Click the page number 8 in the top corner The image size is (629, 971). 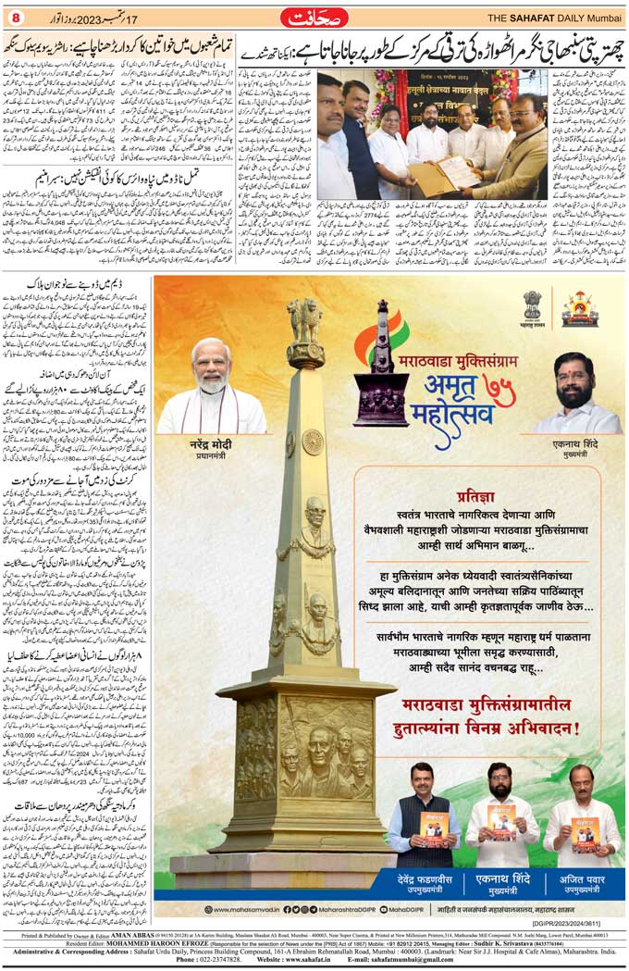tap(15, 19)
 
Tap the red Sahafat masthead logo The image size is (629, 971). tap(314, 18)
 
